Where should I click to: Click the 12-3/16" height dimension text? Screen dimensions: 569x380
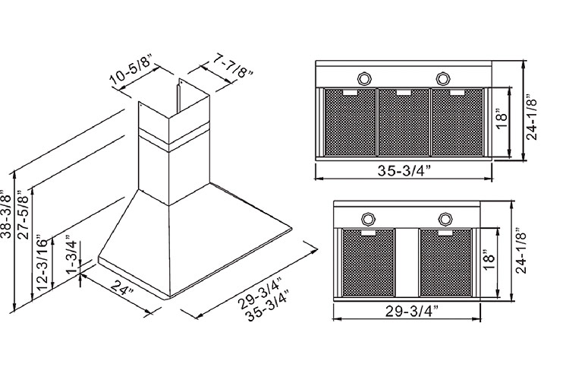point(42,264)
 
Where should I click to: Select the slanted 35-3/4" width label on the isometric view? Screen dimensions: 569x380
point(267,306)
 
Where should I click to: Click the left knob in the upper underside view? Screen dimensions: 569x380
point(364,78)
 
